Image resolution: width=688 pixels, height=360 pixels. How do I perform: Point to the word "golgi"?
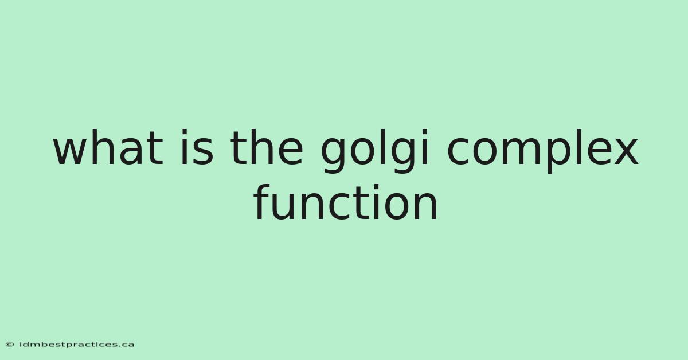point(374,151)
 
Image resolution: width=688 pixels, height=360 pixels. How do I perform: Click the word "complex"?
point(542,151)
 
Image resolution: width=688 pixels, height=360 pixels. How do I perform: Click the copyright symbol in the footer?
point(10,345)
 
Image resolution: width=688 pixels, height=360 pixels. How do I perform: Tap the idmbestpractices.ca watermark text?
point(77,345)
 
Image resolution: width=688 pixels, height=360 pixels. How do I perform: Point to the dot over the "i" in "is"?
point(184,131)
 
